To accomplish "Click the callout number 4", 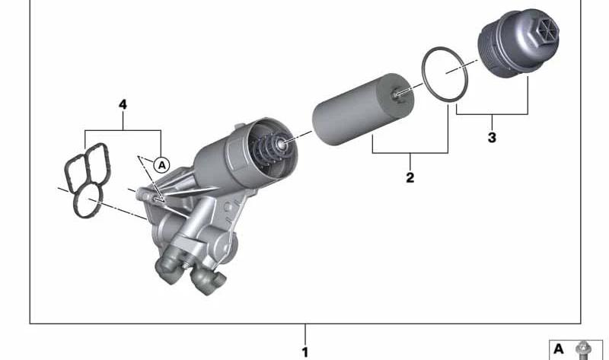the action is click(x=123, y=104).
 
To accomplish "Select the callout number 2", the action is click(x=410, y=178).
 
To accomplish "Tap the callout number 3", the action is click(x=492, y=138).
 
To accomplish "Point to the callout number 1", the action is click(x=305, y=352).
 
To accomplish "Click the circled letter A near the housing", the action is click(x=161, y=165).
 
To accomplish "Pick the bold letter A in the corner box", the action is click(x=559, y=349).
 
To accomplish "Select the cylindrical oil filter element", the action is click(x=363, y=110).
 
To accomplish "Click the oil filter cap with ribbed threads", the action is click(x=518, y=43).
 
